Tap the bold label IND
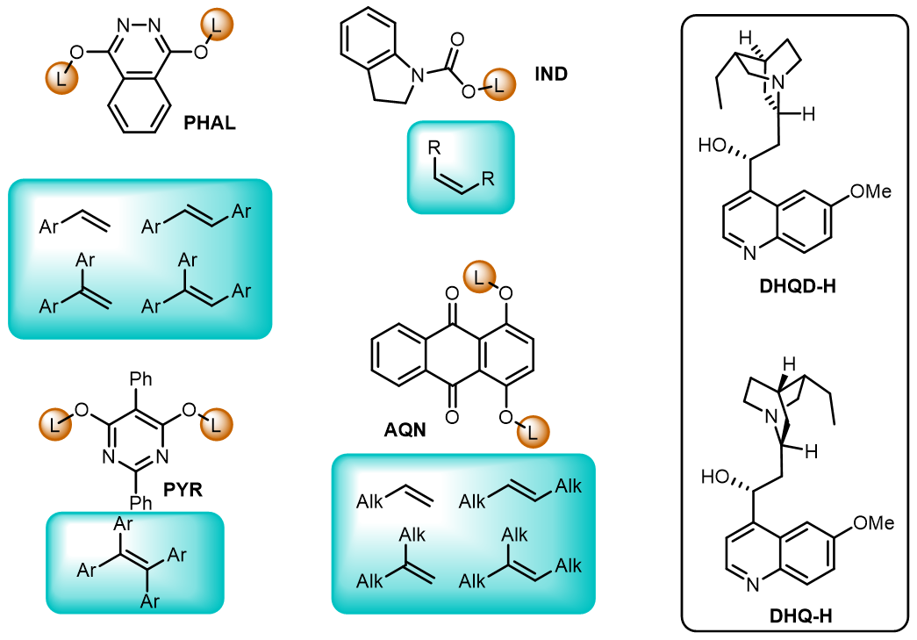[551, 74]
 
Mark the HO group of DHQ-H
[716, 478]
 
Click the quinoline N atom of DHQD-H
[748, 254]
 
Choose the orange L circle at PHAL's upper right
[218, 25]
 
